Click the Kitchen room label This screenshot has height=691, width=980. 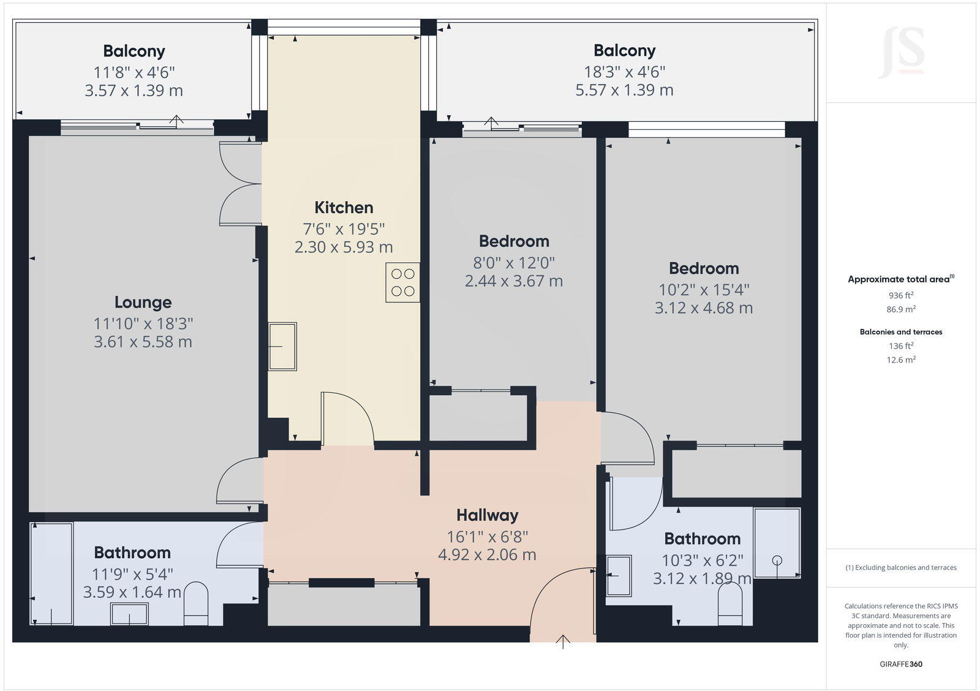(x=344, y=207)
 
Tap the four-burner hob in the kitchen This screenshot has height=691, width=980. (x=402, y=282)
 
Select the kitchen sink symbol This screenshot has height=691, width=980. (x=282, y=346)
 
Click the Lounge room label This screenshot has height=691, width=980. (x=143, y=302)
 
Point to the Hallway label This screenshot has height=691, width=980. (x=487, y=515)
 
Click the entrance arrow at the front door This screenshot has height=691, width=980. (x=563, y=641)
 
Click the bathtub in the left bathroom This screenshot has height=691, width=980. (x=52, y=573)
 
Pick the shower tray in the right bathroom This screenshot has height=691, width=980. (x=777, y=543)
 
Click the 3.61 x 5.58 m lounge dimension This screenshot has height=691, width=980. (x=143, y=342)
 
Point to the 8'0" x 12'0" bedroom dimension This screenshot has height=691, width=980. (x=514, y=263)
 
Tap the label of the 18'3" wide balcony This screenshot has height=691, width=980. (x=624, y=50)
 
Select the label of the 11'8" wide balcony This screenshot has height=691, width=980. (x=134, y=51)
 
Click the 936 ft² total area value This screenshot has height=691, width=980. (x=901, y=295)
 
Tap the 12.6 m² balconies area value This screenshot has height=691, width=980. (x=901, y=360)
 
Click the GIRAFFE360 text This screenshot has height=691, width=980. (x=901, y=664)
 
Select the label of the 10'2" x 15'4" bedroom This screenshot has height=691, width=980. (x=703, y=268)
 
